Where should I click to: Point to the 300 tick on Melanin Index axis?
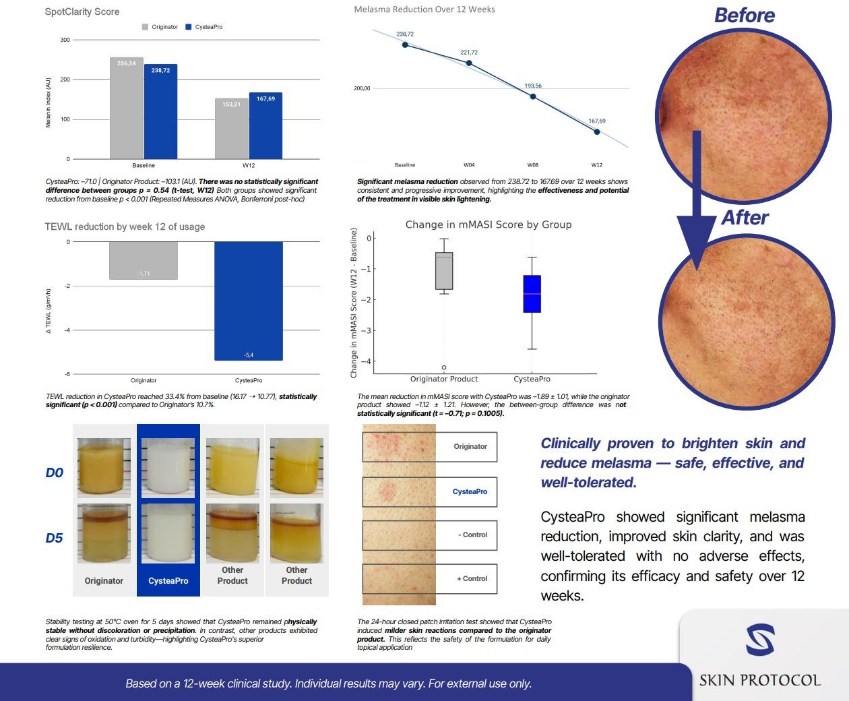pos(65,40)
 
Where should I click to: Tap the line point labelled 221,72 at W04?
pos(469,63)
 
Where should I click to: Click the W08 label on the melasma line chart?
pos(533,165)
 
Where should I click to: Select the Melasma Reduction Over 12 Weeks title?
pos(425,9)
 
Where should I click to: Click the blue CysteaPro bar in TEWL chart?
pos(249,301)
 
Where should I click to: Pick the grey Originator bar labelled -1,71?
pos(144,260)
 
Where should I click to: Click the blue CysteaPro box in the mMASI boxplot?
pos(532,294)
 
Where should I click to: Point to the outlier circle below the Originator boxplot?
pos(444,368)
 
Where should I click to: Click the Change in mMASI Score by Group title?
pos(488,224)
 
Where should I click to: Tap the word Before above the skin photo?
pos(744,16)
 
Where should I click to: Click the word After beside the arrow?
pos(745,218)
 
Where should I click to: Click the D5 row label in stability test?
pos(55,538)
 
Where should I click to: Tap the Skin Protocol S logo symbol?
pos(759,640)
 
